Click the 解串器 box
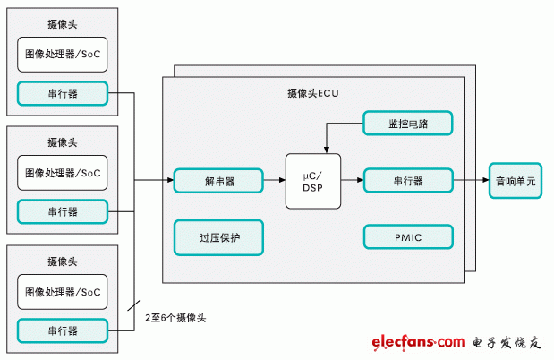[x=218, y=181]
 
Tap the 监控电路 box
[x=408, y=124]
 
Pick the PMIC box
[x=408, y=236]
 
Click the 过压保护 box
[x=218, y=236]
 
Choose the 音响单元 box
[x=516, y=181]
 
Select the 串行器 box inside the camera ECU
[x=408, y=181]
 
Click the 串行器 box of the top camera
[x=62, y=93]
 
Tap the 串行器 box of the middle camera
[x=62, y=212]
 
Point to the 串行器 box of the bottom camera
[x=62, y=330]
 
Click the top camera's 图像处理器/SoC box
[x=62, y=55]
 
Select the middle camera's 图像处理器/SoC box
[x=62, y=173]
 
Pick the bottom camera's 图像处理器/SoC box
[x=62, y=292]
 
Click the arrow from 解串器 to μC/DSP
[x=274, y=181]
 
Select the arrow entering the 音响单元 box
[x=472, y=181]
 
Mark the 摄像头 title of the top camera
[x=62, y=21]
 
